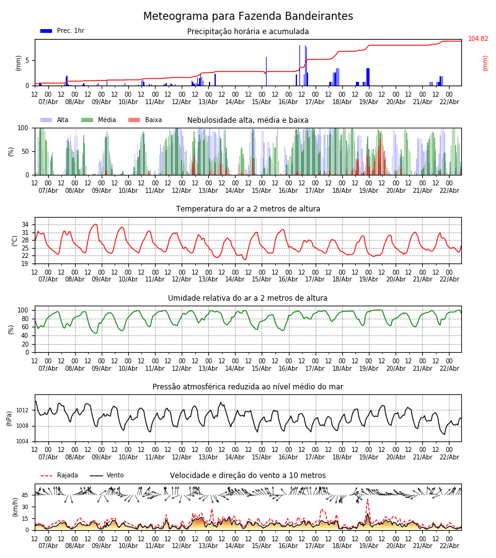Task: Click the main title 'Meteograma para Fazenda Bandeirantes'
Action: pos(248,17)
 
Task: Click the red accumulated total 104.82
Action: pos(478,39)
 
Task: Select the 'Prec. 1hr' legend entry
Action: pos(70,31)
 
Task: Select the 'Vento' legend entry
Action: pos(115,476)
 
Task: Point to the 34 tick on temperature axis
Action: pos(25,224)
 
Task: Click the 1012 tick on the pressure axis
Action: pos(22,410)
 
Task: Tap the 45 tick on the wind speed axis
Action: pos(25,495)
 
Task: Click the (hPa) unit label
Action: pos(9,418)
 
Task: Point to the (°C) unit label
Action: pos(15,240)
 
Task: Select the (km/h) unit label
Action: pos(15,507)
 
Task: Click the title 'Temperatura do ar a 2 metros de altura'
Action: pos(248,209)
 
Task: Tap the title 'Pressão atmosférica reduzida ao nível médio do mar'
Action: pos(248,387)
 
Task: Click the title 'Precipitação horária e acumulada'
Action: pos(248,32)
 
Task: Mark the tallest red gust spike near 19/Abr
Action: pos(367,500)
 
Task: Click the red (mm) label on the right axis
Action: pos(485,63)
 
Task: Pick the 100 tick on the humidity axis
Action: pos(23,310)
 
